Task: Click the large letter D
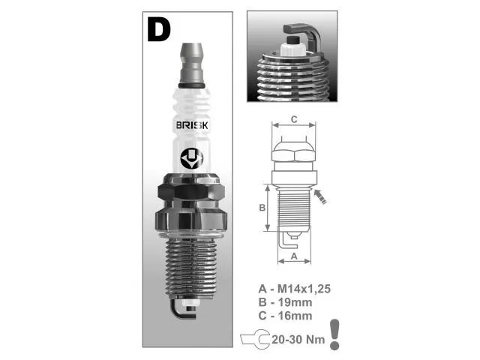tap(158, 29)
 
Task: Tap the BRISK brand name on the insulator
tap(192, 125)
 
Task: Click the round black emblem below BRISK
tap(192, 159)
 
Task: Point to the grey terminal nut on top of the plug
tap(192, 63)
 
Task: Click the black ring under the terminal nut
tap(192, 85)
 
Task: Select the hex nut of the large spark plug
tap(191, 192)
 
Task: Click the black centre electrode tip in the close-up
tap(294, 40)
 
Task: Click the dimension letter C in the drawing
tap(294, 119)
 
